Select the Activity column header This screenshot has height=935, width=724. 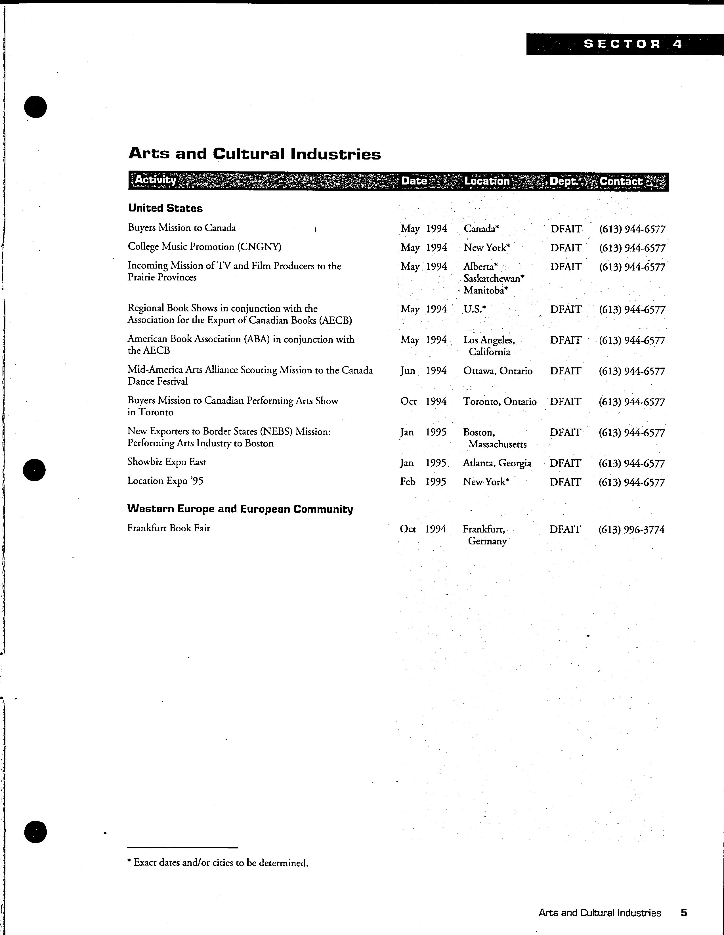(156, 180)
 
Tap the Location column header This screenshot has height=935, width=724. (487, 181)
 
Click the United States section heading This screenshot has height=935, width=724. (165, 208)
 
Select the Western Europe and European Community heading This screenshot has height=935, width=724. (240, 509)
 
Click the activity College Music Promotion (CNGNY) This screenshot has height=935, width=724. (205, 247)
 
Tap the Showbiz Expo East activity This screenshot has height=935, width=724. (167, 462)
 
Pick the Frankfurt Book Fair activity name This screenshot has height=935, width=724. (169, 528)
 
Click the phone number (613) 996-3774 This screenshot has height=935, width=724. (631, 530)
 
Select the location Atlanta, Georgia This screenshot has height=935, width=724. (497, 463)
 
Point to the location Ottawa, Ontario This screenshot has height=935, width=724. (498, 371)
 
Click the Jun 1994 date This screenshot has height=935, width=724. (423, 371)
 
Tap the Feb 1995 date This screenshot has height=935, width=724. (423, 482)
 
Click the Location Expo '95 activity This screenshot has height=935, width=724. (165, 481)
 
